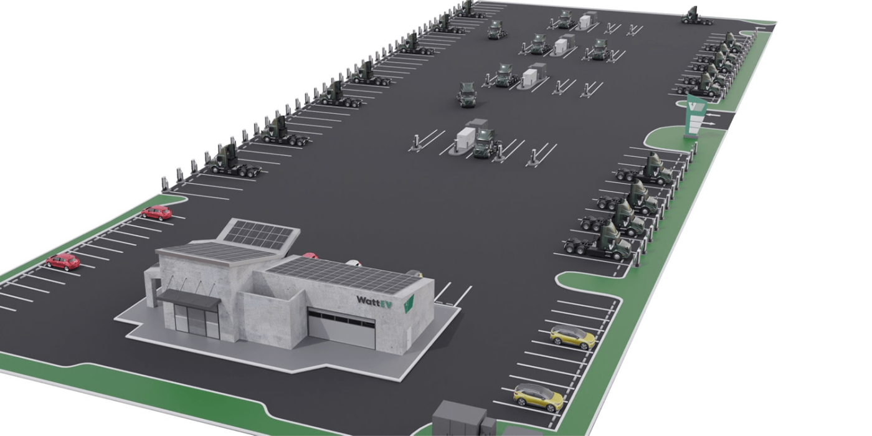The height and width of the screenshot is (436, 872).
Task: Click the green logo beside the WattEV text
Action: tap(408, 303)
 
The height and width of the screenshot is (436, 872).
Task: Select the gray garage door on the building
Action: tap(341, 328)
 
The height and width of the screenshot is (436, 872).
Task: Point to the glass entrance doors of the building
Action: tap(197, 322)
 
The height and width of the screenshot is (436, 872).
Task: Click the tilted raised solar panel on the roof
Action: tap(259, 235)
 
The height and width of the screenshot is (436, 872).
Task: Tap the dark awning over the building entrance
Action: tap(188, 298)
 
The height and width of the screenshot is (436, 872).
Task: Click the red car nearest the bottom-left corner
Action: tap(63, 262)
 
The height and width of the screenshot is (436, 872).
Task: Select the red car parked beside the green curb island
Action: tap(156, 212)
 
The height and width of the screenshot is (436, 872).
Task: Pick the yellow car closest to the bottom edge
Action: tap(538, 397)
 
